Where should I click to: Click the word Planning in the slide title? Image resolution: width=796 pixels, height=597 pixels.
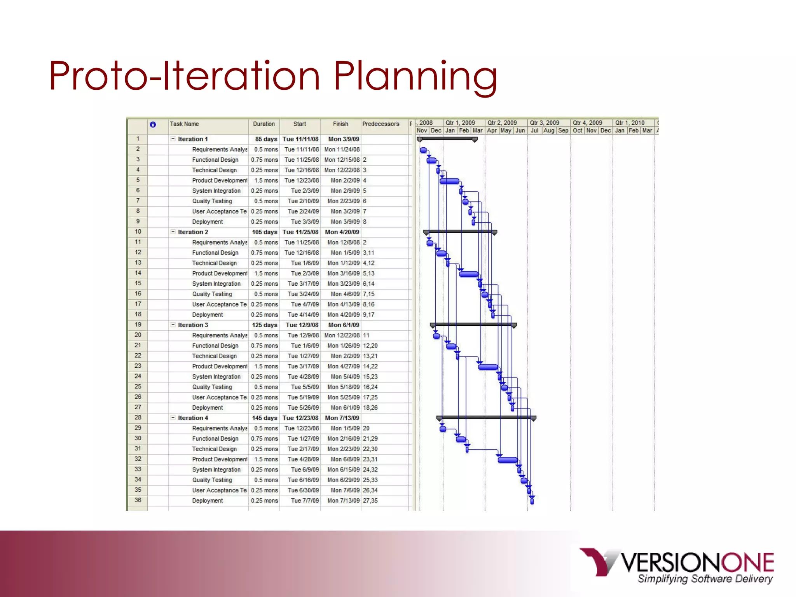[x=415, y=77]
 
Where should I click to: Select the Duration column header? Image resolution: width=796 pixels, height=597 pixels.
[x=264, y=124]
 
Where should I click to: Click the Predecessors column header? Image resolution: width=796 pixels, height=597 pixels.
[x=381, y=124]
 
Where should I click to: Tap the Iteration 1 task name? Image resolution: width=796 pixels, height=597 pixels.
[x=193, y=139]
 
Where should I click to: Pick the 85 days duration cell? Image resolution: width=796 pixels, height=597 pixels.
[x=266, y=139]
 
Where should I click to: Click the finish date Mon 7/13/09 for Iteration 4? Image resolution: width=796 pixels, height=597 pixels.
[x=342, y=418]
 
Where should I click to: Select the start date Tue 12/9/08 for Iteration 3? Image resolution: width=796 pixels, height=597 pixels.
[x=302, y=325]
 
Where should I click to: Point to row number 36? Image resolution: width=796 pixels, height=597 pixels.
[x=138, y=500]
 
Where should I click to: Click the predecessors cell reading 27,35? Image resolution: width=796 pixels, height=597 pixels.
[x=370, y=501]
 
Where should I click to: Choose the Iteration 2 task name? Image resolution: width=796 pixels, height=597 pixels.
[x=193, y=232]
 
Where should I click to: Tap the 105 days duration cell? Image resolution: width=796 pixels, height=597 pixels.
[x=264, y=232]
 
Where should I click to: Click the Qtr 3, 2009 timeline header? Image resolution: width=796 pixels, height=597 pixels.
[x=545, y=123]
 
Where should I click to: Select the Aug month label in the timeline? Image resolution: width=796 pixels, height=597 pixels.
[x=548, y=131]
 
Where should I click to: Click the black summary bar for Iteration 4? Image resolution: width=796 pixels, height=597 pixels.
[x=486, y=417]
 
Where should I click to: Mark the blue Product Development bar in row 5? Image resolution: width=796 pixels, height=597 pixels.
[x=449, y=181]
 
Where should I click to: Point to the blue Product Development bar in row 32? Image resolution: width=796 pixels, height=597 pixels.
[x=508, y=460]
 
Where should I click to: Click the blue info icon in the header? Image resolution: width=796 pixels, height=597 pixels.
[x=153, y=124]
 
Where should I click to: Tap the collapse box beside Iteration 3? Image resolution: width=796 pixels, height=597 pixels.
[x=173, y=325]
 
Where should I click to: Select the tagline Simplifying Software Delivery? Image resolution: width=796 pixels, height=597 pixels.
[x=705, y=579]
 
